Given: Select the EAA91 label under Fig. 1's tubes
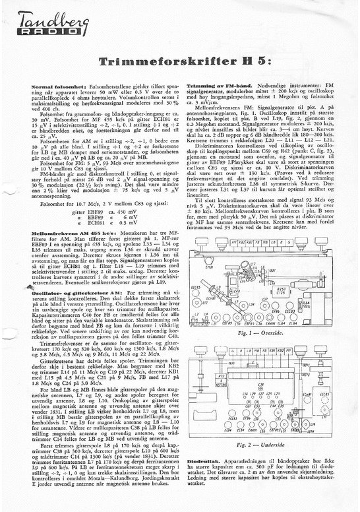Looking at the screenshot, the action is coord(272,324).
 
